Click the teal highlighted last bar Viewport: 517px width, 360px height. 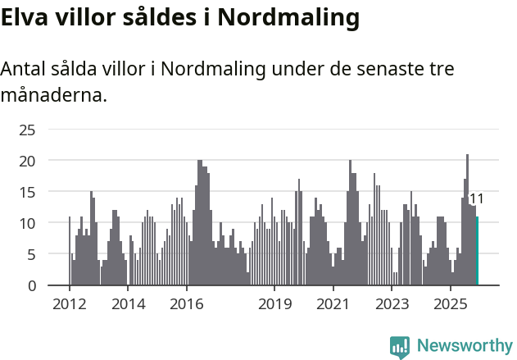[477, 251]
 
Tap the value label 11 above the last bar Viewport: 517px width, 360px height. [476, 199]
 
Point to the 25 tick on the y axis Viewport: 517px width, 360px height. [27, 130]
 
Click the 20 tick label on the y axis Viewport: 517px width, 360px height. [27, 161]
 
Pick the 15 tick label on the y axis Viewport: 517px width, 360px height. [27, 192]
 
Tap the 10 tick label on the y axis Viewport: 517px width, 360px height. [27, 223]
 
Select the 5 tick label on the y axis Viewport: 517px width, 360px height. [31, 254]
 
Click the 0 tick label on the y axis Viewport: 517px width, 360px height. [31, 285]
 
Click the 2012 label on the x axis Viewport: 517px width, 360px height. [70, 303]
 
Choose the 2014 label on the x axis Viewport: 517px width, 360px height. [128, 303]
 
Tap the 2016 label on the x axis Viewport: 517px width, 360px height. [187, 303]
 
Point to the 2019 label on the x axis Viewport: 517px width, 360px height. [274, 303]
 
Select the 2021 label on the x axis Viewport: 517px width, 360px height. [333, 303]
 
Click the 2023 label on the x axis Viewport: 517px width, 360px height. [392, 303]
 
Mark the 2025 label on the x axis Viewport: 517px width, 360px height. [451, 303]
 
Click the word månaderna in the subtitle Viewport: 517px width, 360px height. [53, 95]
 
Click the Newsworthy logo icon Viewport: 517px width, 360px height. [400, 347]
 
